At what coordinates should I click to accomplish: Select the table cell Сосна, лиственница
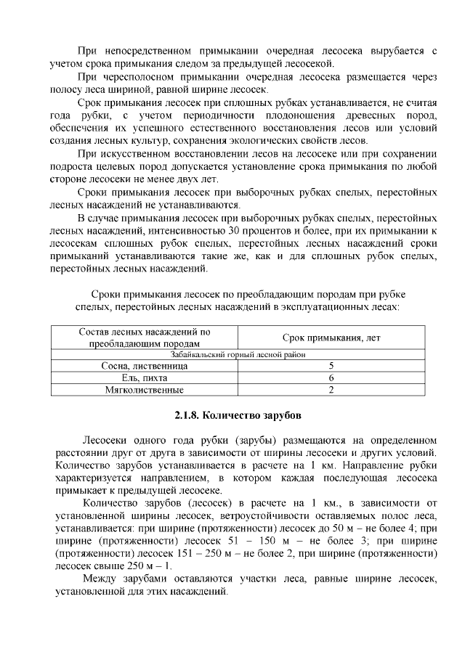point(144,367)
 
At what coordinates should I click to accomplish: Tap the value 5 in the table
point(331,367)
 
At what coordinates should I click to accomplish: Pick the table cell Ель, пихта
point(144,378)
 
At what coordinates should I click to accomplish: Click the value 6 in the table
point(331,378)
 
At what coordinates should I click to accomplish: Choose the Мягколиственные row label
point(144,390)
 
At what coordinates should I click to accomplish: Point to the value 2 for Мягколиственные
point(331,390)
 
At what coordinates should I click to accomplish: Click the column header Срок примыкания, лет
point(331,338)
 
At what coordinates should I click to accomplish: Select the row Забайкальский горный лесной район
point(238,355)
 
